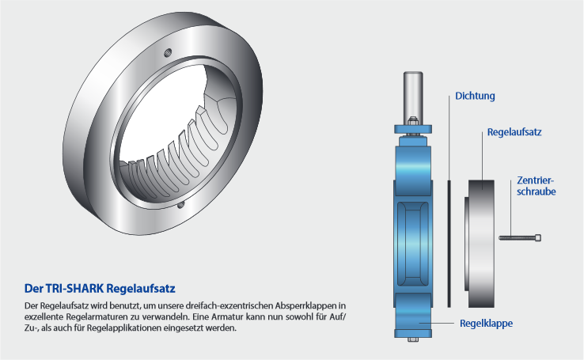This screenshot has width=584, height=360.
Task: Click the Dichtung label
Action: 475,96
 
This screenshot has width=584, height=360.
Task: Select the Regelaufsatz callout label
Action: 514,132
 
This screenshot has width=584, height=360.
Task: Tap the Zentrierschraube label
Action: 536,186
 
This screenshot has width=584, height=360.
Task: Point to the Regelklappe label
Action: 486,323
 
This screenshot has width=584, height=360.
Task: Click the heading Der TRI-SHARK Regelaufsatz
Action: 100,289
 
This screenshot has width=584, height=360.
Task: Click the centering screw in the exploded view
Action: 520,237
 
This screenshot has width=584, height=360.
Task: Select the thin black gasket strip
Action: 449,244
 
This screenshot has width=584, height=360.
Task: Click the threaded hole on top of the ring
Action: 168,52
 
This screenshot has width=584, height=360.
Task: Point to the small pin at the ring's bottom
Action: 180,204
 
